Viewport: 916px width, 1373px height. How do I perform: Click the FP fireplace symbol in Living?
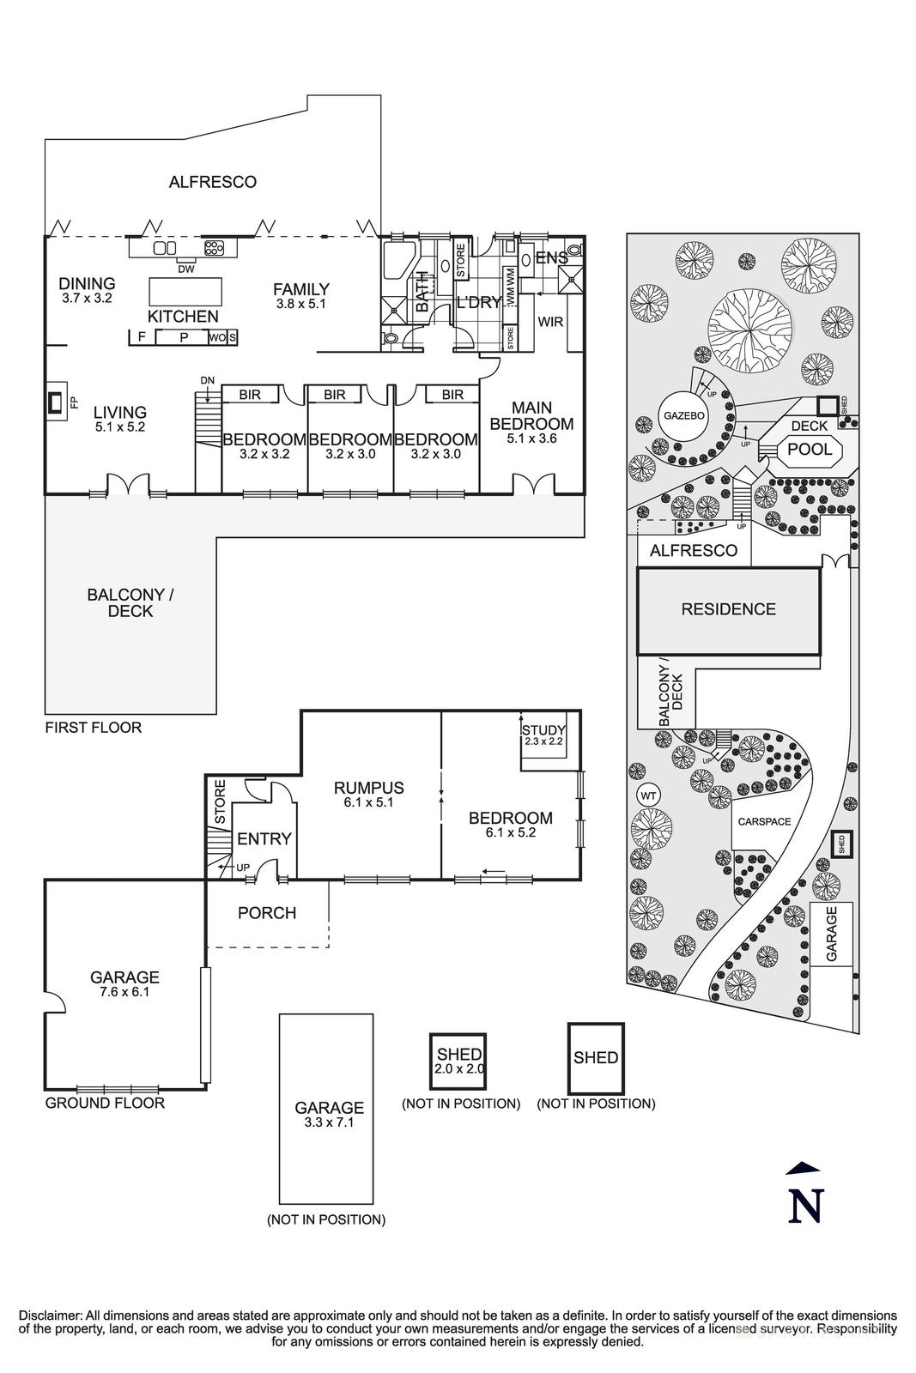[56, 401]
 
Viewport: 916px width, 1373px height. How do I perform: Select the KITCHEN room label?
[183, 317]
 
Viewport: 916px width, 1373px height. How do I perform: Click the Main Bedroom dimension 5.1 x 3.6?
[531, 439]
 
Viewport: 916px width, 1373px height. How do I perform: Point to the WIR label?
[549, 322]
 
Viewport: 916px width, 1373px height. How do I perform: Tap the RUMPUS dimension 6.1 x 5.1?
[368, 803]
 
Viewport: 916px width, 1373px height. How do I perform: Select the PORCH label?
[267, 913]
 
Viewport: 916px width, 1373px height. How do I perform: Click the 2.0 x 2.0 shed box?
[458, 1062]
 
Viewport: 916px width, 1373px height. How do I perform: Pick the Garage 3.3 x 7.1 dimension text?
[330, 1122]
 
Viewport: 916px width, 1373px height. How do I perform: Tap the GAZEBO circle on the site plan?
[683, 415]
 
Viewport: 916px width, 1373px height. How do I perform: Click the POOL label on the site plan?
[810, 450]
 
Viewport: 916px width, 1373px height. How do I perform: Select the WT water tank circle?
[649, 795]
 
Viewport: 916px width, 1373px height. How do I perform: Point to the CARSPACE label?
[764, 821]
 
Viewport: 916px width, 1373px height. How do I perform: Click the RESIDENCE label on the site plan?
[728, 609]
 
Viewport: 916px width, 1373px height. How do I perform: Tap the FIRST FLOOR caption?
[93, 728]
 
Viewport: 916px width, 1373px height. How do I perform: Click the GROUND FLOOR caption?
[105, 1103]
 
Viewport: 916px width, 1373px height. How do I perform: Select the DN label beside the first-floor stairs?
[207, 380]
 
